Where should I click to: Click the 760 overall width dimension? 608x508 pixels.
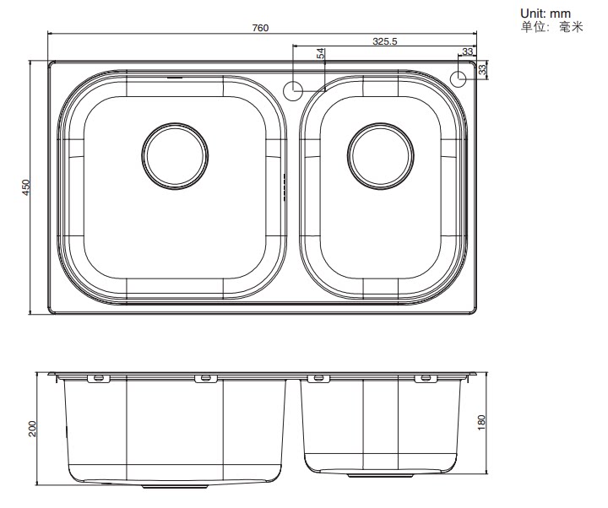click(260, 28)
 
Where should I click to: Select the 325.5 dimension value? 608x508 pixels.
click(385, 41)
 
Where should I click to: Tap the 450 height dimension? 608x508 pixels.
click(25, 187)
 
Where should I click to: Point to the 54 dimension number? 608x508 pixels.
click(321, 53)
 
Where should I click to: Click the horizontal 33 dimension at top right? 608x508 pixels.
click(468, 51)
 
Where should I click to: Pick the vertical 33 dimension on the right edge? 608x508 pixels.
click(482, 69)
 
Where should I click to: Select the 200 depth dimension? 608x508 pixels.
click(32, 429)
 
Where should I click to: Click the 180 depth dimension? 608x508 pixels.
click(481, 423)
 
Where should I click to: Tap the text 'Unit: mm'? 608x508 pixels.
click(546, 14)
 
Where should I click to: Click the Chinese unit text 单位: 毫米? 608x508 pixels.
click(551, 27)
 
